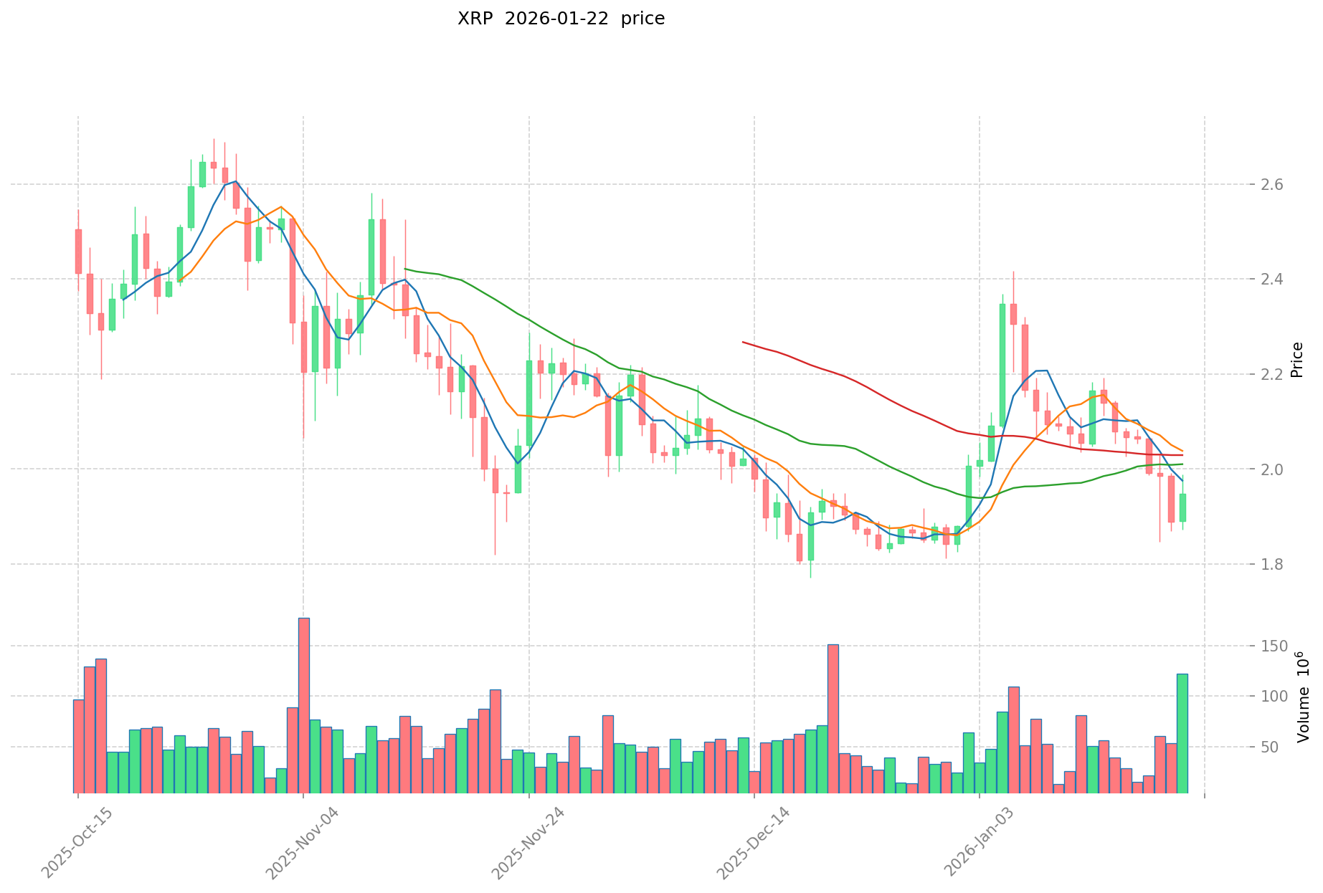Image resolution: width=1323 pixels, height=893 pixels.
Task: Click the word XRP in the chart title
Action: [474, 19]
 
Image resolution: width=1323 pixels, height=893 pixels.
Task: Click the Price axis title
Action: [1296, 360]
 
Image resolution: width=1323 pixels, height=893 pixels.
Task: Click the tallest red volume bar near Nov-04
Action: [304, 705]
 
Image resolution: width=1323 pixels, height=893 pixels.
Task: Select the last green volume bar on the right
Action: [1182, 733]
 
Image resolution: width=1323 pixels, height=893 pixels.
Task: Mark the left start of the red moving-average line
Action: [743, 342]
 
